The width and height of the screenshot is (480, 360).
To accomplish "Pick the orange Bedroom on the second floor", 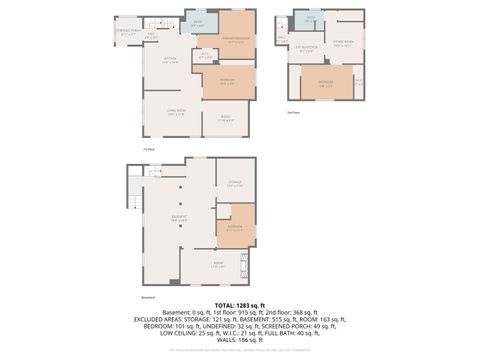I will coord(326,84).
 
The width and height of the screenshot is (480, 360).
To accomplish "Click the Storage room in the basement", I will coord(234,183).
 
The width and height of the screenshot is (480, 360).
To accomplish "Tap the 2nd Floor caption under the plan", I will coord(293,112).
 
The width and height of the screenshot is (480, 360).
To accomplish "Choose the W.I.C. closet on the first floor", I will coord(205,57).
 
